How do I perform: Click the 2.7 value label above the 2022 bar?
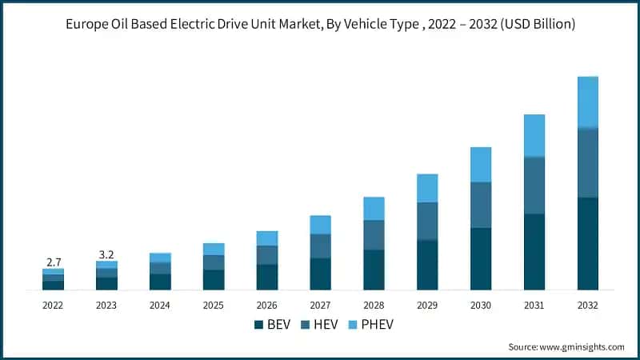[x=53, y=262]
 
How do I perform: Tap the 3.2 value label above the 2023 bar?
[x=106, y=254]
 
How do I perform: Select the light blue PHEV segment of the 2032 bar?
[x=588, y=102]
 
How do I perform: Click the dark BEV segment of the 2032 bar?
[x=588, y=243]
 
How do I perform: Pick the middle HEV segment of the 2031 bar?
[x=534, y=186]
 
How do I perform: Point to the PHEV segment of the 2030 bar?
[x=481, y=165]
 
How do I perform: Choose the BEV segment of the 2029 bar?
[x=427, y=265]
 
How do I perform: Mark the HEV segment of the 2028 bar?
[x=374, y=235]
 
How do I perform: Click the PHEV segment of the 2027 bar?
[x=320, y=225]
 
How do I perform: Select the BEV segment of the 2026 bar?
[x=267, y=277]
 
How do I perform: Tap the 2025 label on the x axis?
[x=214, y=305]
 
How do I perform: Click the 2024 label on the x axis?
[x=160, y=305]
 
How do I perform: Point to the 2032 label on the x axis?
[x=588, y=305]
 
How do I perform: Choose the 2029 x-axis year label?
[x=427, y=305]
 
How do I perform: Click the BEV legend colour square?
[x=258, y=325]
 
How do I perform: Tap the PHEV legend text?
[x=378, y=325]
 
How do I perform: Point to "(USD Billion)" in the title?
[x=534, y=25]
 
